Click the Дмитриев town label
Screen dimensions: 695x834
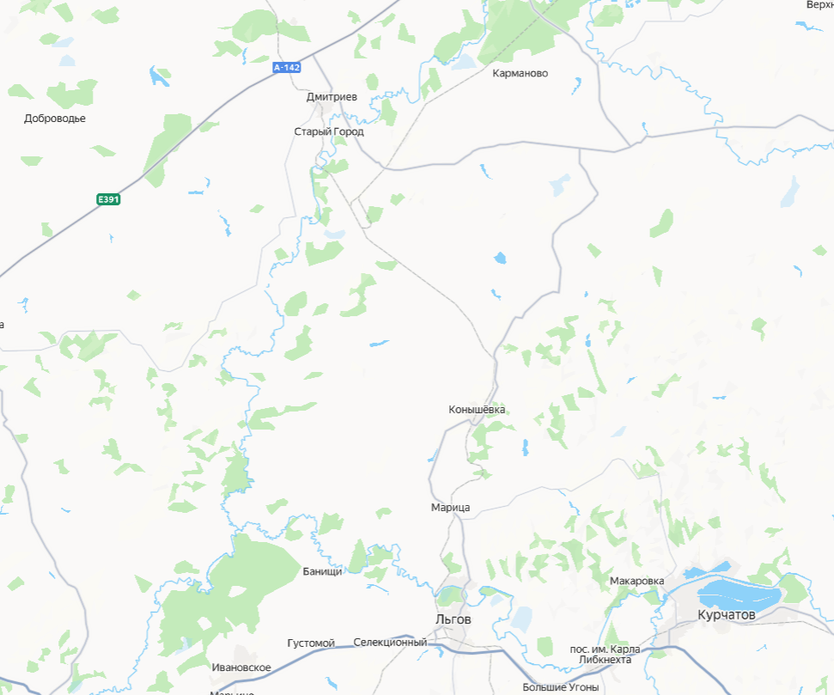pos(332,97)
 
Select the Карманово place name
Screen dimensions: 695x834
pos(520,73)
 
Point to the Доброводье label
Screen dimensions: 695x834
pos(55,119)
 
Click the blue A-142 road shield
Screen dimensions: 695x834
pos(287,67)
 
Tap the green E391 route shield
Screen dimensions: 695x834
pos(108,199)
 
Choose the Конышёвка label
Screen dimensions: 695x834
pos(477,410)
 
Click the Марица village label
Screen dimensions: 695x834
pos(450,508)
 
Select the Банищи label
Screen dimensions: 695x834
pos(322,571)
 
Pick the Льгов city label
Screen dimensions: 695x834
pos(453,619)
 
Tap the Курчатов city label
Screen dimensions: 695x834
pos(726,615)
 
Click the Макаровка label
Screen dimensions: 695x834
pos(636,581)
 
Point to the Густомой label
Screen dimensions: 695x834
pos(310,643)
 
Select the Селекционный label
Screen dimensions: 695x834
pos(390,642)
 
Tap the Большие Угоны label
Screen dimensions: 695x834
pos(560,687)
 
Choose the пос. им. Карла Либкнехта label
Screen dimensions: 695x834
pos(606,654)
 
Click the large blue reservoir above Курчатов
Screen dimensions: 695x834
pos(739,593)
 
